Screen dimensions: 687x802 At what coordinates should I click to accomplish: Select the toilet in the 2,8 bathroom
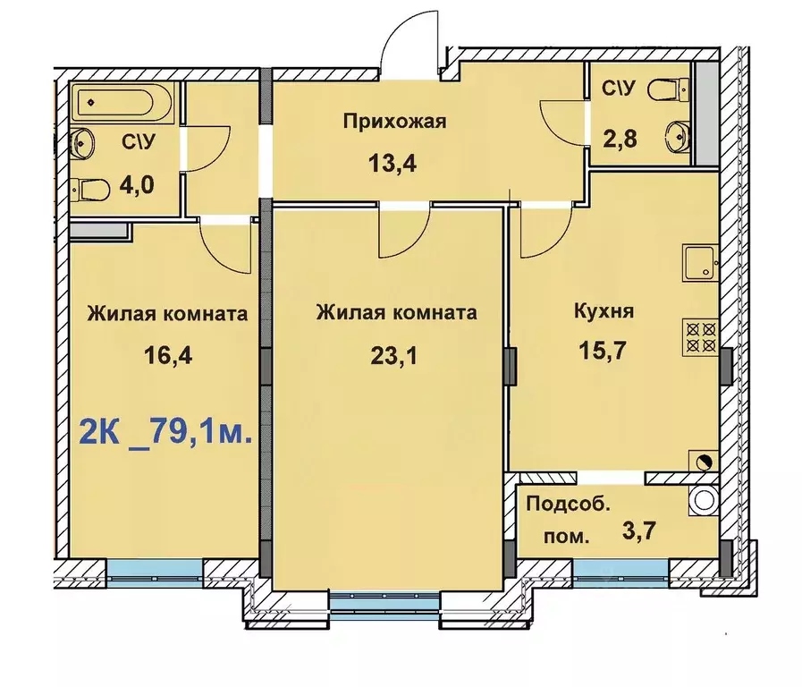663,89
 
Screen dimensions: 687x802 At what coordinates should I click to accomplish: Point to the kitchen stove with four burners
699,335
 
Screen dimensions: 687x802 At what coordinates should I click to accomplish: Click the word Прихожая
394,122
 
